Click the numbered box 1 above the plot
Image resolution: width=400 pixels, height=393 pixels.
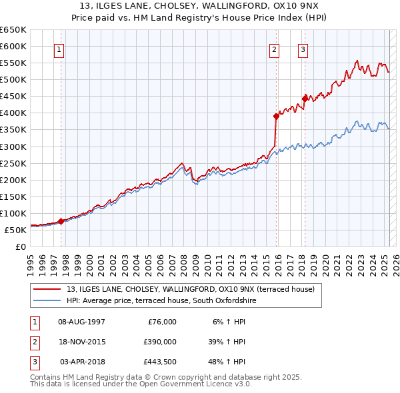point(59,49)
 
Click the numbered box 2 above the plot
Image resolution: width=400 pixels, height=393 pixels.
point(275,49)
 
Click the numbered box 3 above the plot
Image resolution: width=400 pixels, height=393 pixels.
point(303,49)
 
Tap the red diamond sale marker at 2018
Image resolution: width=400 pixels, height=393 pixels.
point(305,98)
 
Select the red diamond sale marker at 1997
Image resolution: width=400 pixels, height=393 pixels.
point(61,221)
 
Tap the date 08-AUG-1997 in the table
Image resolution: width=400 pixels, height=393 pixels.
point(81,322)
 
